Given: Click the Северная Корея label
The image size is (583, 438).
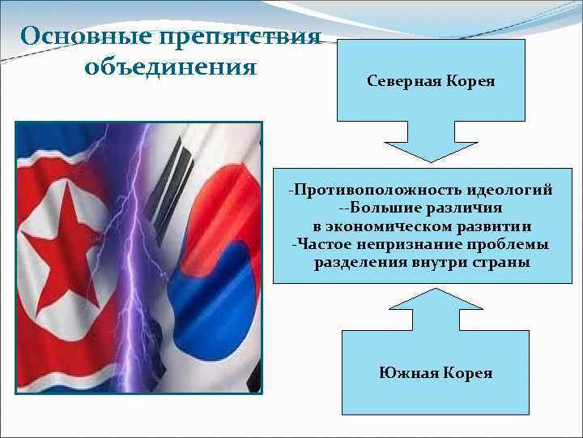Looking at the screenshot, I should [x=431, y=83].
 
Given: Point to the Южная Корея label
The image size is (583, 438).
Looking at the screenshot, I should [x=435, y=373].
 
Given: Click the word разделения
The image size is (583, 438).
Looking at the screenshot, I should [x=353, y=263].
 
